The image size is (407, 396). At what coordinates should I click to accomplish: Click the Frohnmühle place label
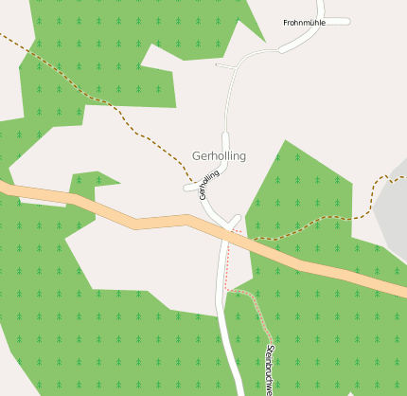pos(304,22)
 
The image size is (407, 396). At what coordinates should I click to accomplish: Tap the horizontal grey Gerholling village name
pos(219,155)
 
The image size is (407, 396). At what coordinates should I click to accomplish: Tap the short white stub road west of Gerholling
pos(192,188)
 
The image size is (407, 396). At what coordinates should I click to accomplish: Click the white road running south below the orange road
pos(229,332)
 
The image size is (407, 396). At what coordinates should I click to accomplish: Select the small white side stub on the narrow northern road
pos(224,66)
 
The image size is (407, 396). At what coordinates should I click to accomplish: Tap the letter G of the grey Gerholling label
pos(196,155)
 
